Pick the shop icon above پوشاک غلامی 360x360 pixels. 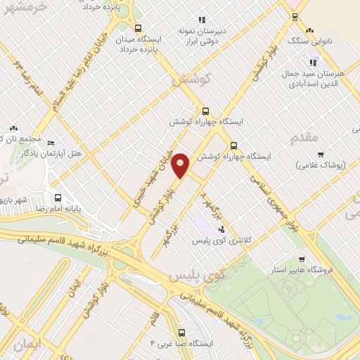click(321, 154)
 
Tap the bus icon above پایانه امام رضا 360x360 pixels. click(58, 198)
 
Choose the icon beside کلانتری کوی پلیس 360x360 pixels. click(222, 229)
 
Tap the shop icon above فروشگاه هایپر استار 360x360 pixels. click(302, 259)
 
